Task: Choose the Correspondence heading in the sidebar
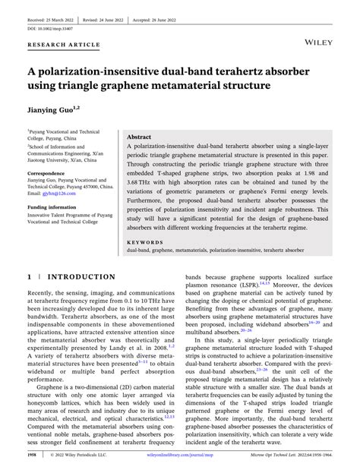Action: pyautogui.click(x=46, y=173)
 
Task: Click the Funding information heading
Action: pyautogui.click(x=52, y=207)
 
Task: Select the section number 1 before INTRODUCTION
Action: pyautogui.click(x=29, y=277)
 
